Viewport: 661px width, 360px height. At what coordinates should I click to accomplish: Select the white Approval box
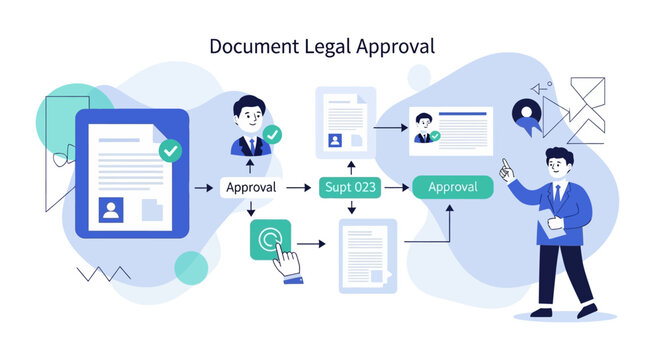click(251, 187)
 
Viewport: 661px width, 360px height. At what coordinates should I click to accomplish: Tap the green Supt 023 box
click(351, 187)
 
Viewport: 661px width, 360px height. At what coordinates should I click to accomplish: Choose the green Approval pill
click(452, 187)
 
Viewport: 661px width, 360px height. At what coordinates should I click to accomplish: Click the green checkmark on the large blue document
click(171, 151)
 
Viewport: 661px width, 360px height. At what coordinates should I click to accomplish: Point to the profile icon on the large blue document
click(110, 210)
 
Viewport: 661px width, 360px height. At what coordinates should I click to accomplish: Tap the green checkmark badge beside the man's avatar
click(271, 134)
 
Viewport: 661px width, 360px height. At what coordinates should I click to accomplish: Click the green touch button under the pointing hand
click(269, 239)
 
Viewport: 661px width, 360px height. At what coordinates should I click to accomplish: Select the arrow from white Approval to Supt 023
click(299, 187)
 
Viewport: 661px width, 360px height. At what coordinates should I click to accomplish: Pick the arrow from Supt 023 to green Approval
click(397, 187)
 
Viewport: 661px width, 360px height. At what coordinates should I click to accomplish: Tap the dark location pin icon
click(525, 112)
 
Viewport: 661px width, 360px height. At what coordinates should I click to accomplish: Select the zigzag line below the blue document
click(104, 272)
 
